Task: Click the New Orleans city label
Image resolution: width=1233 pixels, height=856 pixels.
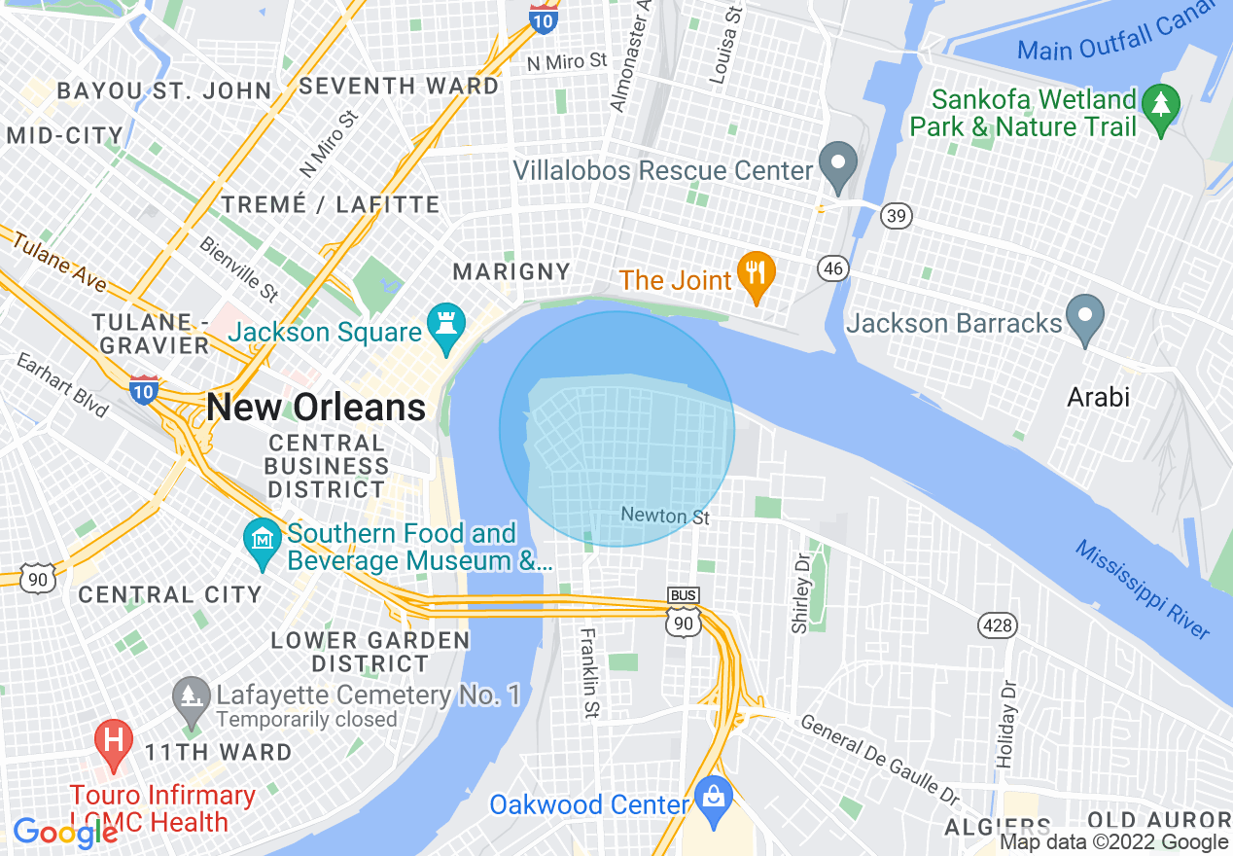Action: pos(316,408)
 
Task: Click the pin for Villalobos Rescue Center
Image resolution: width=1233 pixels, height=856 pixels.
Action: pos(836,166)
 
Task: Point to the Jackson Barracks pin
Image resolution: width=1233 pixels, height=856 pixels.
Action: pos(1085,319)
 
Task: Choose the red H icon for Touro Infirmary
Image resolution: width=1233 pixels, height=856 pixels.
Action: pos(114,743)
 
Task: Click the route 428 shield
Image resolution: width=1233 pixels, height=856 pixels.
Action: pos(998,625)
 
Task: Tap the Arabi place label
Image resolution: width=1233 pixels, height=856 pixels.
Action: pos(1098,397)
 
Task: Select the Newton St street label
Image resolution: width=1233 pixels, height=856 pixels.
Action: pos(665,516)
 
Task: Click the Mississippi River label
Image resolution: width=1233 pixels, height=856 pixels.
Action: pos(1143,589)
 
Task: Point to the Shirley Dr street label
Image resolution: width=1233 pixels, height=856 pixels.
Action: pos(801,594)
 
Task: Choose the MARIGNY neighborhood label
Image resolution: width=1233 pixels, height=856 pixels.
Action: pos(511,270)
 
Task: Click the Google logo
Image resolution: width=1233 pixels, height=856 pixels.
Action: pos(65,833)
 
